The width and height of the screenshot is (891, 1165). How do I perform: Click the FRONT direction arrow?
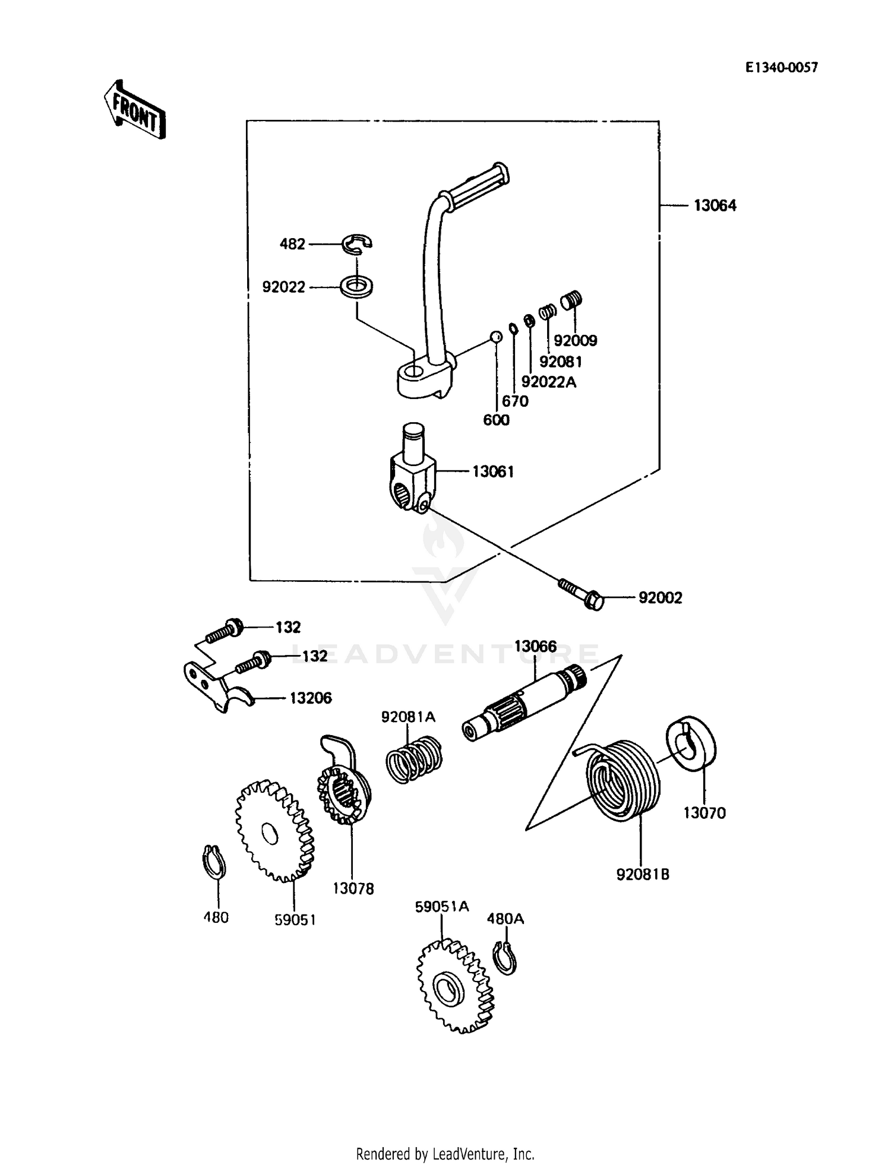point(134,109)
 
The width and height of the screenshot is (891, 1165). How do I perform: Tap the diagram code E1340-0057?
point(782,68)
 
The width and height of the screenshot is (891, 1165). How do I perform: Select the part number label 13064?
point(715,206)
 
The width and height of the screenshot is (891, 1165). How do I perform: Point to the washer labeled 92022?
point(356,286)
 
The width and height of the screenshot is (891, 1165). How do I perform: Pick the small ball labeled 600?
point(496,337)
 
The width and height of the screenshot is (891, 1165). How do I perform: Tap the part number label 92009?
point(575,341)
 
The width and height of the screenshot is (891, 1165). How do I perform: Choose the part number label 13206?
point(310,698)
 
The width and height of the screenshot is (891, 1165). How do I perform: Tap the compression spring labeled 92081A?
point(414,761)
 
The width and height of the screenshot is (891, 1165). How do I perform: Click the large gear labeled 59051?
point(274,831)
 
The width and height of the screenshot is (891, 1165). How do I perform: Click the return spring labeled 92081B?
point(624,780)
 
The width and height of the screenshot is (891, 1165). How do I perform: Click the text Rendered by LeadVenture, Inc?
point(445,1154)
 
